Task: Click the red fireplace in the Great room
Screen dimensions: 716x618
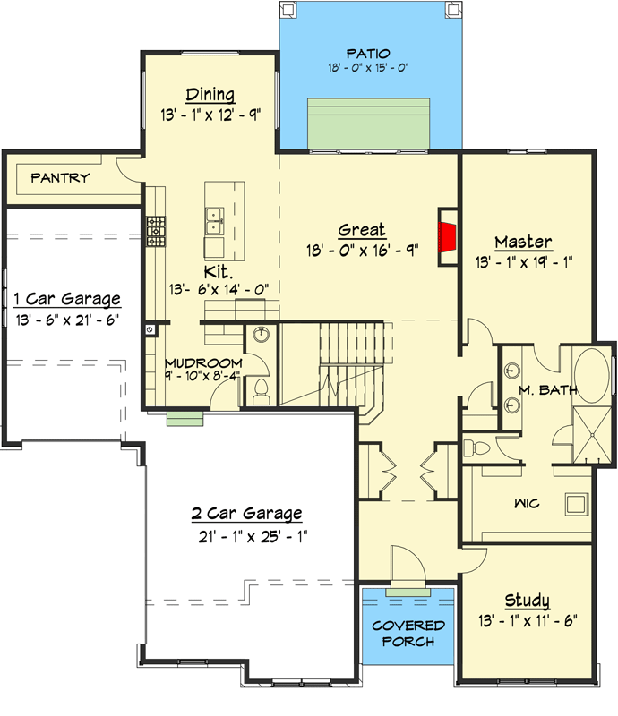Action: (x=447, y=236)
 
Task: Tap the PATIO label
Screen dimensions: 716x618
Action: (x=369, y=54)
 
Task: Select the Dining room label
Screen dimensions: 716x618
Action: (x=210, y=95)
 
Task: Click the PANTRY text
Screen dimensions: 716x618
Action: (x=60, y=177)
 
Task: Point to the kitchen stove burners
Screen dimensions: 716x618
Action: (x=157, y=230)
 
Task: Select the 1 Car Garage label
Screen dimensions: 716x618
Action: (x=66, y=298)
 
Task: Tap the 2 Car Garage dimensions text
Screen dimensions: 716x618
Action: (x=246, y=536)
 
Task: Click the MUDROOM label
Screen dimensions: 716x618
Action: (x=203, y=362)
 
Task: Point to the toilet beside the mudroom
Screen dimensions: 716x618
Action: (x=262, y=392)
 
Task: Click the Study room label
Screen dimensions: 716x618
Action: (x=527, y=600)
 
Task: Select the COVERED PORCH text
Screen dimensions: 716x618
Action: (x=408, y=632)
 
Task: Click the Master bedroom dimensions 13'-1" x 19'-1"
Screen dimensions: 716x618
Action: (x=525, y=263)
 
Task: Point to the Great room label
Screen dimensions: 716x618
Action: (x=362, y=230)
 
